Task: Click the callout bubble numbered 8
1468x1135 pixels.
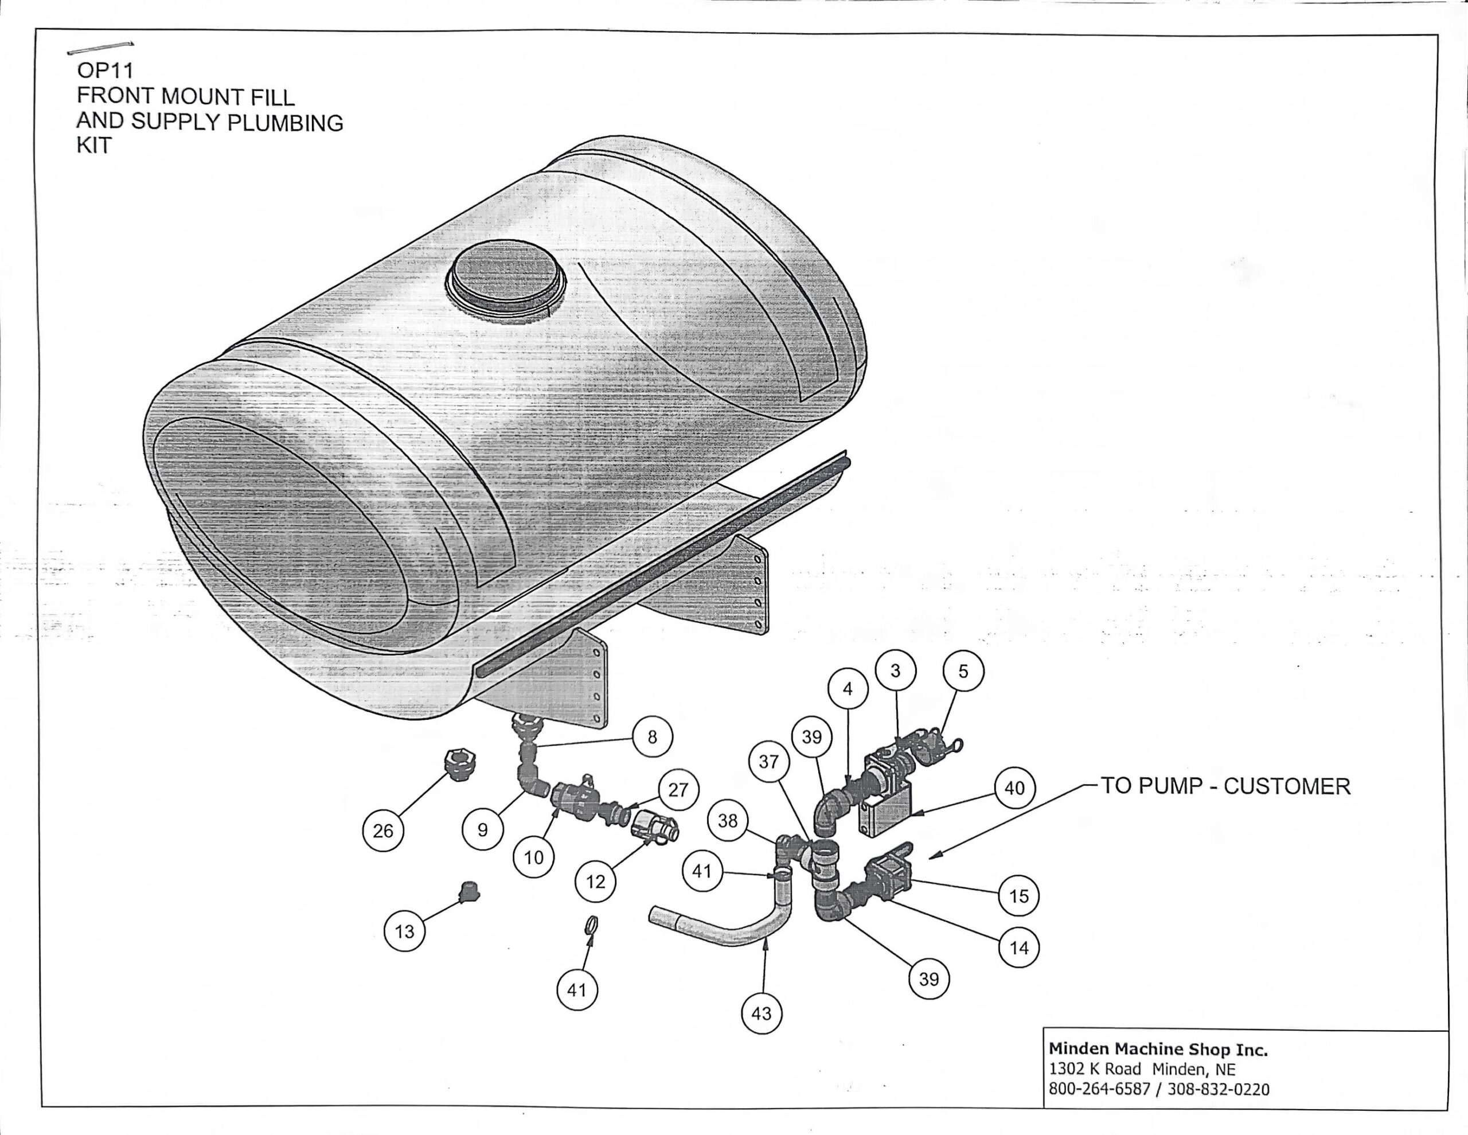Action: click(x=652, y=737)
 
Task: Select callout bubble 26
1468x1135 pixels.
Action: click(x=382, y=830)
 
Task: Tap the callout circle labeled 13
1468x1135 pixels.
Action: click(x=404, y=931)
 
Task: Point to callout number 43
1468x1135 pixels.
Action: click(x=761, y=1013)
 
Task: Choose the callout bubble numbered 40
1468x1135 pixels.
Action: click(x=1014, y=787)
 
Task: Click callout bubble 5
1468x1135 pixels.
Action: click(x=963, y=671)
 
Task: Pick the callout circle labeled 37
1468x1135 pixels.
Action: click(x=768, y=762)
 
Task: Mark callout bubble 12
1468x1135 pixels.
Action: click(x=596, y=881)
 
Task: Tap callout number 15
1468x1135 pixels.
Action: click(x=1018, y=896)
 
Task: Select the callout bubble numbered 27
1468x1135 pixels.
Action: click(x=678, y=789)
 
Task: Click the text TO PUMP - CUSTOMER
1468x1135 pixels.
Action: click(x=1224, y=786)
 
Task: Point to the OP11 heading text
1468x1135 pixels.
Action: click(x=105, y=71)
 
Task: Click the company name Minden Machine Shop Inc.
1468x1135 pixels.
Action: click(x=1158, y=1050)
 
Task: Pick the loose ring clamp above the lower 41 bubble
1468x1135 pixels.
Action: click(x=592, y=925)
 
